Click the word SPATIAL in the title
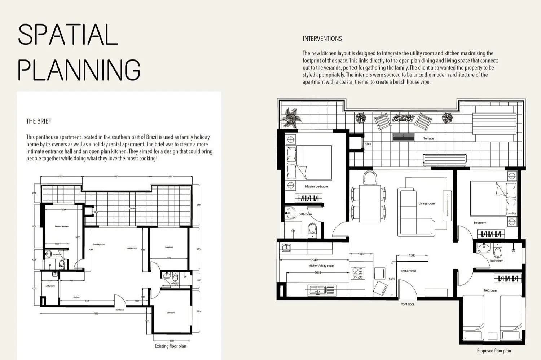point(68,35)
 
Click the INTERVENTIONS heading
point(322,39)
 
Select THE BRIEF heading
point(39,121)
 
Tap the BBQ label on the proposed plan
point(368,144)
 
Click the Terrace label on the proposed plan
point(428,138)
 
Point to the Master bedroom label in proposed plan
point(316,186)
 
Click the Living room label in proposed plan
point(426,203)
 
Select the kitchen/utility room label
point(321,266)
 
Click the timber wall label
point(408,271)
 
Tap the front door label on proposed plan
point(407,304)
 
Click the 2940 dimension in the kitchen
point(314,260)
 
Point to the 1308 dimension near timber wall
point(412,255)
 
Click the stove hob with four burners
point(358,273)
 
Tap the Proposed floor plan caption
point(494,351)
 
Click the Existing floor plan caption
point(170,346)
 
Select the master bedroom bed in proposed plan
point(309,163)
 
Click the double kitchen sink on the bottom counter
point(317,289)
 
